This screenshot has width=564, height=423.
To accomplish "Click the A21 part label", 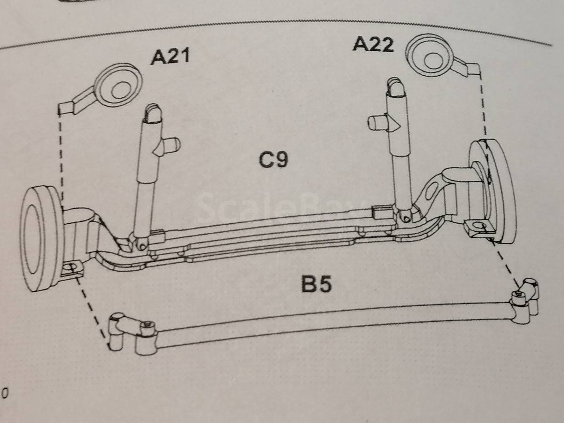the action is click(170, 56).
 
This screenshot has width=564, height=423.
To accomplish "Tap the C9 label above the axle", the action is click(274, 160).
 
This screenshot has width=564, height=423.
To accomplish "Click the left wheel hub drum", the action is click(41, 239).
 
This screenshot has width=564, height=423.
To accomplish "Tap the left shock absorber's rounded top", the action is click(153, 113).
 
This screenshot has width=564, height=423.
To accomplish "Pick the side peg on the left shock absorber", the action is click(170, 145).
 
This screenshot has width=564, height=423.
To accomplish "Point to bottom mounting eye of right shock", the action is click(406, 218).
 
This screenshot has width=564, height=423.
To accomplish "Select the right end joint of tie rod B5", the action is click(524, 301).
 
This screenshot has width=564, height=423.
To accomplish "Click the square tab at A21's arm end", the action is click(67, 109).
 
